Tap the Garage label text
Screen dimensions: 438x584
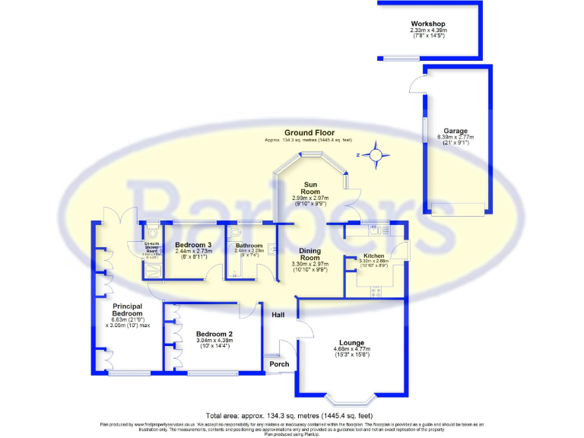coord(455,131)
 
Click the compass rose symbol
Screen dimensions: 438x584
coord(375,156)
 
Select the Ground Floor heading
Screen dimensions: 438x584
coord(309,132)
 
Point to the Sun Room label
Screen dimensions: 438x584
coord(309,188)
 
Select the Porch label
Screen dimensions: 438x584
coord(279,364)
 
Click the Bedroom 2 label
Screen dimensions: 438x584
coord(214,334)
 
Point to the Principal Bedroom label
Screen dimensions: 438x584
coord(127,308)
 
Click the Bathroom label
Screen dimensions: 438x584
coord(249,246)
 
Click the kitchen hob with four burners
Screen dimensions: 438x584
coord(376,290)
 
